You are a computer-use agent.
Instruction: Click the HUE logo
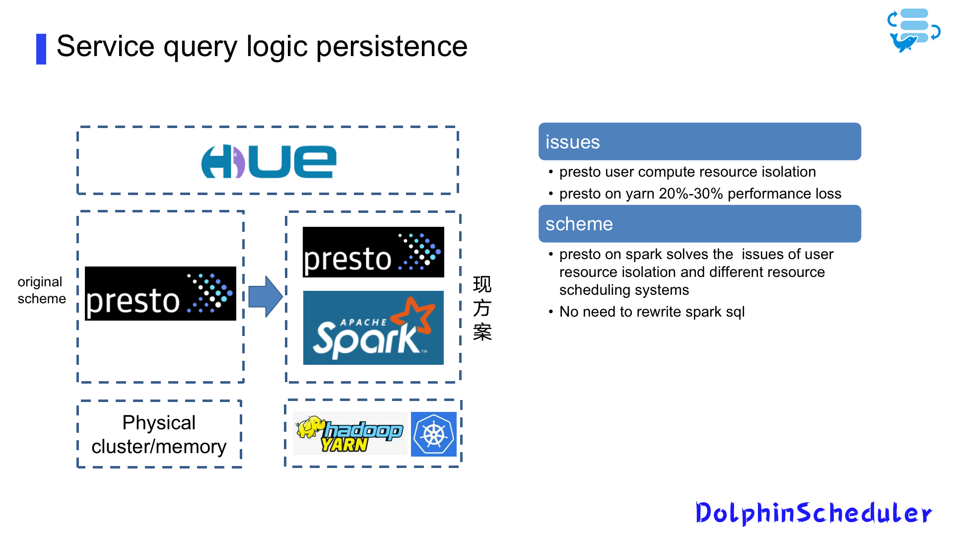(269, 161)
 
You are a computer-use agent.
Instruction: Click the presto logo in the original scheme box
(160, 293)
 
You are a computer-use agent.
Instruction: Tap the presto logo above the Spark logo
(373, 252)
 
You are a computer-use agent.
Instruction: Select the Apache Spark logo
(373, 328)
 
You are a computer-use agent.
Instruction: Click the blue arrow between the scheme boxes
(266, 296)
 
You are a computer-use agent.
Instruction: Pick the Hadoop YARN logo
(349, 433)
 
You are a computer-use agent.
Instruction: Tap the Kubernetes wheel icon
(434, 434)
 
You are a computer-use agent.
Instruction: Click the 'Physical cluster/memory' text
(159, 434)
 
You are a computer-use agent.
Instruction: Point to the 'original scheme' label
(41, 290)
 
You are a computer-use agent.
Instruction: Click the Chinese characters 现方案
(482, 308)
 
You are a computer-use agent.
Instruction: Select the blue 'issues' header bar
(699, 141)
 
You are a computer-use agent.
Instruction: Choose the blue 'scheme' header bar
(699, 224)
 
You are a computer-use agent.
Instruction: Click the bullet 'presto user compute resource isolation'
(687, 172)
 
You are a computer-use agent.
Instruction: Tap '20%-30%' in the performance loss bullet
(690, 194)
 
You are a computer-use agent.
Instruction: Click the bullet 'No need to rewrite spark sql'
(652, 312)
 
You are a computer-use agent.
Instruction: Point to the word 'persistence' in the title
(392, 46)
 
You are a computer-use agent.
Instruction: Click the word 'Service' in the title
(105, 46)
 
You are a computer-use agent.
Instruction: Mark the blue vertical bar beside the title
(41, 49)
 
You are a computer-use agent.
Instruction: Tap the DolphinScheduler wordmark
(814, 513)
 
